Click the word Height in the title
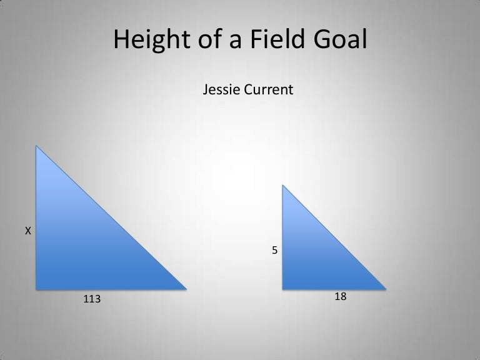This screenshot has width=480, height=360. pyautogui.click(x=149, y=41)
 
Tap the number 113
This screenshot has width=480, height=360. pyautogui.click(x=92, y=300)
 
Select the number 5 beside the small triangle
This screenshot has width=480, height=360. pyautogui.click(x=274, y=250)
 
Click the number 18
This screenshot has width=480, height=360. pyautogui.click(x=341, y=297)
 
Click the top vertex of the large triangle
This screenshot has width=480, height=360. pyautogui.click(x=37, y=146)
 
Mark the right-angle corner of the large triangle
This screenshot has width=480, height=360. pyautogui.click(x=37, y=289)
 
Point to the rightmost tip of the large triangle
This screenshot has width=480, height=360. pyautogui.click(x=186, y=289)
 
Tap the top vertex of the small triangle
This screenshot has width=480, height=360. pyautogui.click(x=283, y=185)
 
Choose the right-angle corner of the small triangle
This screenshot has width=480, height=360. pyautogui.click(x=283, y=289)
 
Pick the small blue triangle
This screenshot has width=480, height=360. pyautogui.click(x=312, y=256)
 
